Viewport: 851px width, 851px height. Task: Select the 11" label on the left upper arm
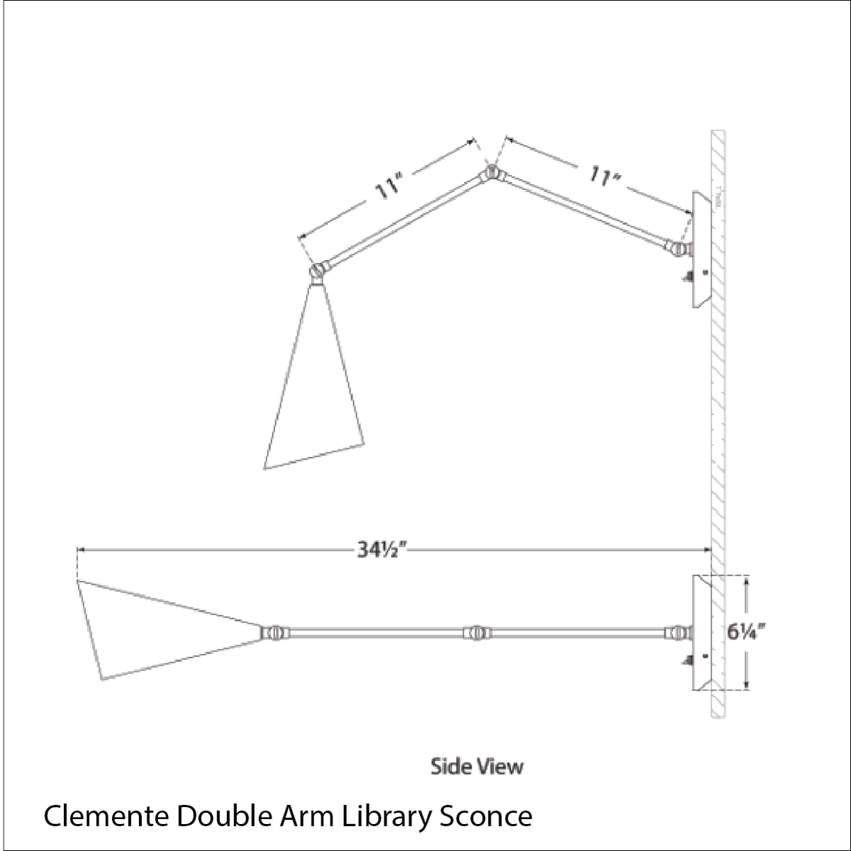click(x=389, y=189)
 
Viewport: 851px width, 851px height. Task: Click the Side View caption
click(x=477, y=766)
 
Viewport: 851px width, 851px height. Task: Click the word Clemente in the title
click(x=105, y=816)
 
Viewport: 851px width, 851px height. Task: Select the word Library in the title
click(x=389, y=816)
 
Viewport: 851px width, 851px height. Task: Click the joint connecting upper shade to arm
click(x=318, y=270)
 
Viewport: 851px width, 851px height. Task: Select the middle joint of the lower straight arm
click(x=474, y=632)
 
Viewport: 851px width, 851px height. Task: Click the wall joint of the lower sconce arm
click(x=677, y=632)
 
